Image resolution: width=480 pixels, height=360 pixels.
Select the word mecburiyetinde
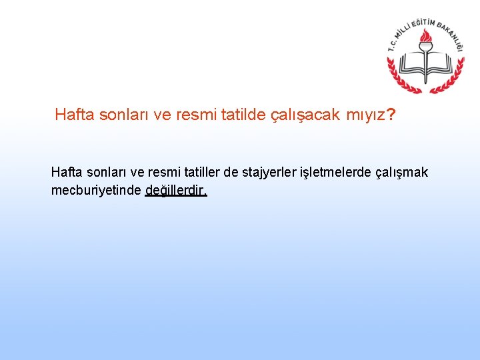96,190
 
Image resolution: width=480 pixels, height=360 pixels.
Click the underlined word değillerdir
176,190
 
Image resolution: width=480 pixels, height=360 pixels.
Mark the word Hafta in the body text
68,173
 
